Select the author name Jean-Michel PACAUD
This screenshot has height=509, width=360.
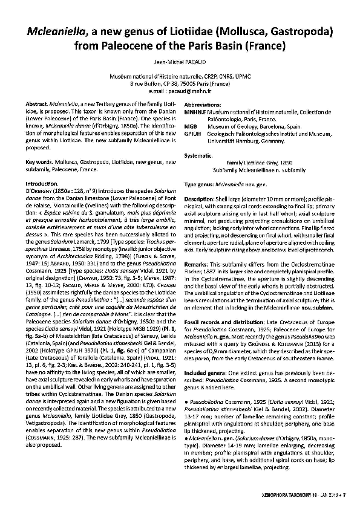coord(180,62)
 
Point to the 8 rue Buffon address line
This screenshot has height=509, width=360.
coord(180,84)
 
